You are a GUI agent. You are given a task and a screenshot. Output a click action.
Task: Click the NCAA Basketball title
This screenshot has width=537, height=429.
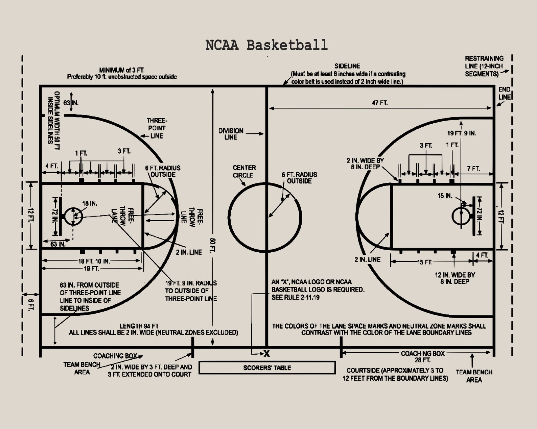tap(266, 45)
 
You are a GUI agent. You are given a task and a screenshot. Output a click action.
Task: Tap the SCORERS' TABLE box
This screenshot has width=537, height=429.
tap(267, 368)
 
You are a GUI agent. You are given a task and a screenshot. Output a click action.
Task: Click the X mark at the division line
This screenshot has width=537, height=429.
tap(267, 354)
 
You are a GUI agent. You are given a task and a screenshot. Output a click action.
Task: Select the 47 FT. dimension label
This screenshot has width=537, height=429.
tap(379, 103)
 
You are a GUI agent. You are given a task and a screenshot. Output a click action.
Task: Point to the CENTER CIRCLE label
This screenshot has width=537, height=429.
tap(244, 171)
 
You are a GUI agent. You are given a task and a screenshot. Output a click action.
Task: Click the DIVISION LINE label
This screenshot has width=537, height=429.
tap(231, 134)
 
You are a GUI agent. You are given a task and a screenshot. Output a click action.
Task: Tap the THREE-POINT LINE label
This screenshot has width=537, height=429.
tap(157, 128)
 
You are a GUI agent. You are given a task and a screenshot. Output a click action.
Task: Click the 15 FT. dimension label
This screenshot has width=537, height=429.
tap(424, 262)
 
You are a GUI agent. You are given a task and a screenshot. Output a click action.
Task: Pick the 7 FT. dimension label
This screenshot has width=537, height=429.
tap(473, 169)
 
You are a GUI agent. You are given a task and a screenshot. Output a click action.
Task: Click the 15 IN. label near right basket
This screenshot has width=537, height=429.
tap(445, 196)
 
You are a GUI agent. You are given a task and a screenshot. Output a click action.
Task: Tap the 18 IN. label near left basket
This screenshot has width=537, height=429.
tap(90, 203)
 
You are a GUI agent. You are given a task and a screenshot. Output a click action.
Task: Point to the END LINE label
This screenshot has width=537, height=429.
tap(504, 93)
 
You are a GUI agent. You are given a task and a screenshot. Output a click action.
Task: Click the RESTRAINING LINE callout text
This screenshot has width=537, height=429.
tap(484, 66)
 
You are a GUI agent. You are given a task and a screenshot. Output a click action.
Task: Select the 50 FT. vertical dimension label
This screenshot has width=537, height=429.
tap(213, 245)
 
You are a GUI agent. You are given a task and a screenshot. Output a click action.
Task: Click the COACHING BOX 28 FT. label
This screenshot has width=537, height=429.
tap(422, 356)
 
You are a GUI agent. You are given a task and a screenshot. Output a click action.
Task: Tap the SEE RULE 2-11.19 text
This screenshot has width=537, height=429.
tap(295, 297)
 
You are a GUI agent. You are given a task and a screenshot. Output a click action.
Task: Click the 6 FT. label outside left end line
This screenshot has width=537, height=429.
tap(31, 305)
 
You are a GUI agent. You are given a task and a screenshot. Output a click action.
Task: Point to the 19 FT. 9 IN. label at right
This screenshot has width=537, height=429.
tap(461, 133)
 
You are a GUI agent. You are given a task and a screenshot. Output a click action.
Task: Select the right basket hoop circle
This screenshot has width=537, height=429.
tap(460, 216)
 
